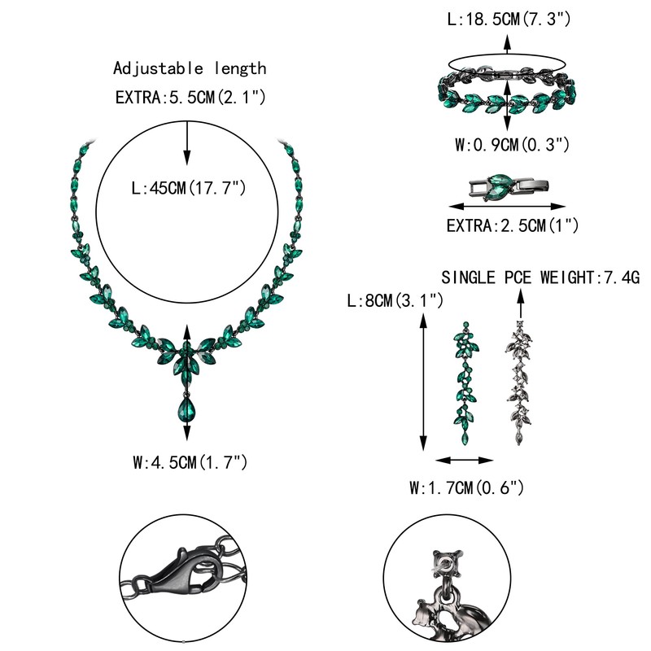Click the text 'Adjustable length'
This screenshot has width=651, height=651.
[x=190, y=68]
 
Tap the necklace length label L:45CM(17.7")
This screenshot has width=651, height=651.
[x=190, y=189]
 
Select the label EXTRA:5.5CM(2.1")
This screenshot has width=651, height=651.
[x=190, y=98]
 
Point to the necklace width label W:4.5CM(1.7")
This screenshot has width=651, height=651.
[x=190, y=463]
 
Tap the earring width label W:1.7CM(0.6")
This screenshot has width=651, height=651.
[x=465, y=488]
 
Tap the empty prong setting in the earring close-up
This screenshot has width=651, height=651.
[x=444, y=561]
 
